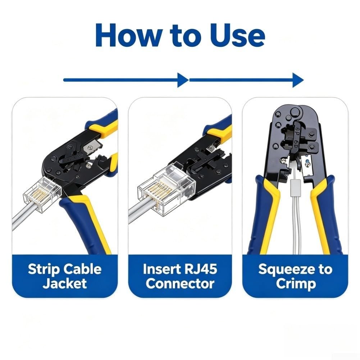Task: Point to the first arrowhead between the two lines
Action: click(183, 80)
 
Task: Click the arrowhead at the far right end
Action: click(298, 80)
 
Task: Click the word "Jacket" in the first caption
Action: click(65, 283)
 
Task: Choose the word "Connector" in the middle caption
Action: click(180, 284)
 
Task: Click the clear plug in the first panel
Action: click(42, 194)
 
